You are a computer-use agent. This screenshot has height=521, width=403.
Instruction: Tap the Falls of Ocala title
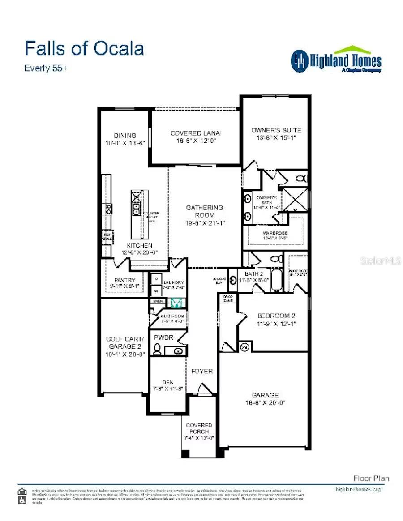[x=84, y=48]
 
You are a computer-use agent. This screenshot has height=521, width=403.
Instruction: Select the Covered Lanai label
[x=196, y=133]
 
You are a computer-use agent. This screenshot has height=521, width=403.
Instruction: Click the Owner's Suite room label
[x=276, y=130]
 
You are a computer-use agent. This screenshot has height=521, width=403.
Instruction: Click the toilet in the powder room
[x=157, y=350]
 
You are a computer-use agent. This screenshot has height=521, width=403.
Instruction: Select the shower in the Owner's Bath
[x=296, y=200]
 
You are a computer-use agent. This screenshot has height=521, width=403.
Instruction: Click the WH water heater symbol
[x=244, y=347]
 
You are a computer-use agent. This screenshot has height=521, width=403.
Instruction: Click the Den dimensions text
[x=167, y=389]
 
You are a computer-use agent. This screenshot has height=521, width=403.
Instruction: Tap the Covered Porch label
[x=199, y=428]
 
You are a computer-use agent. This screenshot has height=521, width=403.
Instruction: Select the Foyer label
[x=202, y=371]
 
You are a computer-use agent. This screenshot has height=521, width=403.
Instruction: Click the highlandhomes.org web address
[x=358, y=489]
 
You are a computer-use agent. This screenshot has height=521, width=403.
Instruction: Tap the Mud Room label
[x=172, y=316]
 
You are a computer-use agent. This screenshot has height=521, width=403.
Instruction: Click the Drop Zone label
[x=228, y=299]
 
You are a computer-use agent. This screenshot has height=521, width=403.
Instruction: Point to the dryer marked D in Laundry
[x=156, y=279]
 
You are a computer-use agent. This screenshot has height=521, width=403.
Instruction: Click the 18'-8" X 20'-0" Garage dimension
[x=265, y=403]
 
